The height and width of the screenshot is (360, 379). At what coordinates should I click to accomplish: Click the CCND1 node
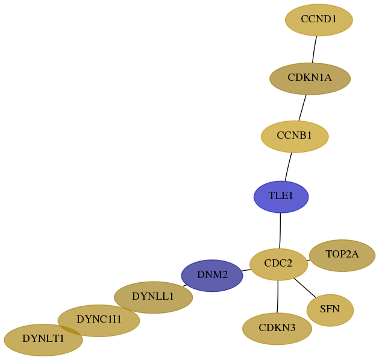[x=319, y=20]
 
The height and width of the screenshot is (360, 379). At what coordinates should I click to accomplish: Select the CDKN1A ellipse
[x=310, y=78]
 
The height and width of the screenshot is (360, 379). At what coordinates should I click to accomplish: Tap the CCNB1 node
[x=295, y=136]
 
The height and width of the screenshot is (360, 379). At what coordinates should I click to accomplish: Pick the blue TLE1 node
[x=281, y=197]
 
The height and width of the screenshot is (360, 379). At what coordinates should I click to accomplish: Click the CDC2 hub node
[x=278, y=264]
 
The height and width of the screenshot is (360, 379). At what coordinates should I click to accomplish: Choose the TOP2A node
[x=342, y=256]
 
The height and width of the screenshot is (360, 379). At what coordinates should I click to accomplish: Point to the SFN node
[x=330, y=310]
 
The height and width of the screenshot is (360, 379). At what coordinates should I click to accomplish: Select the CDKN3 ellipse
[x=277, y=329]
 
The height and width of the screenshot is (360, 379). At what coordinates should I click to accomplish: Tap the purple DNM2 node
[x=212, y=276]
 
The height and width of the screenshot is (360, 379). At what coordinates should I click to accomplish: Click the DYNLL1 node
[x=153, y=297]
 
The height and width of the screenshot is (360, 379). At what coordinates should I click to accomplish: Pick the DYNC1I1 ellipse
[x=99, y=321]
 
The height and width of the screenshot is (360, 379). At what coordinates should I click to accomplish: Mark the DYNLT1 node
[x=43, y=340]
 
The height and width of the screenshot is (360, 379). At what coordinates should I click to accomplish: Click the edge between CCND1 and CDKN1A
[x=314, y=49]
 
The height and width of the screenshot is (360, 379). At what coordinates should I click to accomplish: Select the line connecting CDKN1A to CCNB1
[x=302, y=108]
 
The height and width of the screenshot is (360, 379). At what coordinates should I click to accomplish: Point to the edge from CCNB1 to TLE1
[x=288, y=166]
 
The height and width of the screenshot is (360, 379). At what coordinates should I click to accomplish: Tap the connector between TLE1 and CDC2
[x=280, y=230]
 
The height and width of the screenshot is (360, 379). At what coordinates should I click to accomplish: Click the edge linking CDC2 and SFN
[x=305, y=288]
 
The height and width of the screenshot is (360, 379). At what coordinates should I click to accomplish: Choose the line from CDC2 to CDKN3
[x=278, y=297]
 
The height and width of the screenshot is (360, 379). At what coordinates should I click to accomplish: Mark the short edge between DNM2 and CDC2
[x=246, y=270]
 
